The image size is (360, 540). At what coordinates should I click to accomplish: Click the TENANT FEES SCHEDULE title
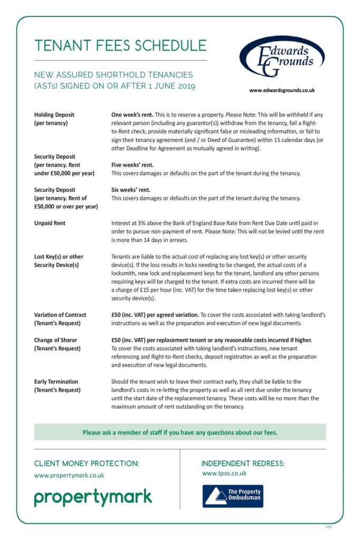click(x=120, y=45)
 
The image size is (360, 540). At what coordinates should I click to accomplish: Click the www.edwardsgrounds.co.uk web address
click(x=282, y=90)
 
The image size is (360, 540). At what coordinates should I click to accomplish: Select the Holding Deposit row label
click(x=54, y=114)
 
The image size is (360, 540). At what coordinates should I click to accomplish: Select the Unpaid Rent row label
click(x=50, y=223)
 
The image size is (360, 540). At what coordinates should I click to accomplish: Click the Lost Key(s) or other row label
click(x=59, y=257)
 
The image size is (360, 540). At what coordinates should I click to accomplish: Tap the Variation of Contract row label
click(x=60, y=315)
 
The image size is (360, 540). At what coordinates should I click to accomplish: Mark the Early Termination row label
click(x=56, y=381)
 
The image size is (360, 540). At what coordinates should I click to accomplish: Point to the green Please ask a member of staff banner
click(x=180, y=432)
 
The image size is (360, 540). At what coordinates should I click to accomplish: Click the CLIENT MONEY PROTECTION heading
click(x=86, y=464)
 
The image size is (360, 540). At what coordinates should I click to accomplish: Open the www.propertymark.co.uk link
click(x=69, y=475)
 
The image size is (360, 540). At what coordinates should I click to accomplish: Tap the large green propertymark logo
click(x=93, y=497)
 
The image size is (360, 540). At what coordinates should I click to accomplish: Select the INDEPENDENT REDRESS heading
click(x=243, y=464)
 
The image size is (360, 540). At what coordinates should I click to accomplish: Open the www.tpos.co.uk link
click(x=224, y=474)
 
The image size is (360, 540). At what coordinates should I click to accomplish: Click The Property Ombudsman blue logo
click(x=232, y=496)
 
